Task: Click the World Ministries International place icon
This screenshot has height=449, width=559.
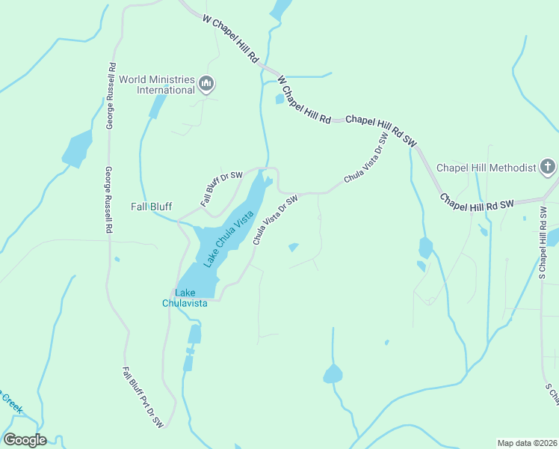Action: point(207,84)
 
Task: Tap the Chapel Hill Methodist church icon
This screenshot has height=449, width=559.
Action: point(548,167)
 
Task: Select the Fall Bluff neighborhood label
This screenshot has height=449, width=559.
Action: point(152,207)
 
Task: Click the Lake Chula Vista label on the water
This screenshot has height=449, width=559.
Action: point(229,239)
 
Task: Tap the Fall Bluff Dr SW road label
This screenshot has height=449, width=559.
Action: point(222,189)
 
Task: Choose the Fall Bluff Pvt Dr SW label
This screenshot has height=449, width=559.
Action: point(143,397)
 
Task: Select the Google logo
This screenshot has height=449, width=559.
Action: point(25,440)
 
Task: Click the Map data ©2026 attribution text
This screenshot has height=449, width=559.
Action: point(527,442)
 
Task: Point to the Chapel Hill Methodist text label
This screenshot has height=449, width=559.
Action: point(487,168)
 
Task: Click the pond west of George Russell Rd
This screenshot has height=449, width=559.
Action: point(77,150)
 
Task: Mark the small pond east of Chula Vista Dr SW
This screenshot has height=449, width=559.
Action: point(294,247)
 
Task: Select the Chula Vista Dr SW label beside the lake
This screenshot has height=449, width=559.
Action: point(275,220)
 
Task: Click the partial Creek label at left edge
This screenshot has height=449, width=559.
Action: point(10,405)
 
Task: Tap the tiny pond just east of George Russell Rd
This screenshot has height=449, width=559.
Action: point(117,260)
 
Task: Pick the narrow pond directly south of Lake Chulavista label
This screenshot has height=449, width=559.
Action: point(194,334)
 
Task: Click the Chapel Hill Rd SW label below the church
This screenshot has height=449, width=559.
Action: point(476,202)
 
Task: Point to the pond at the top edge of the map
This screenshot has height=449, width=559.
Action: point(281,9)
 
